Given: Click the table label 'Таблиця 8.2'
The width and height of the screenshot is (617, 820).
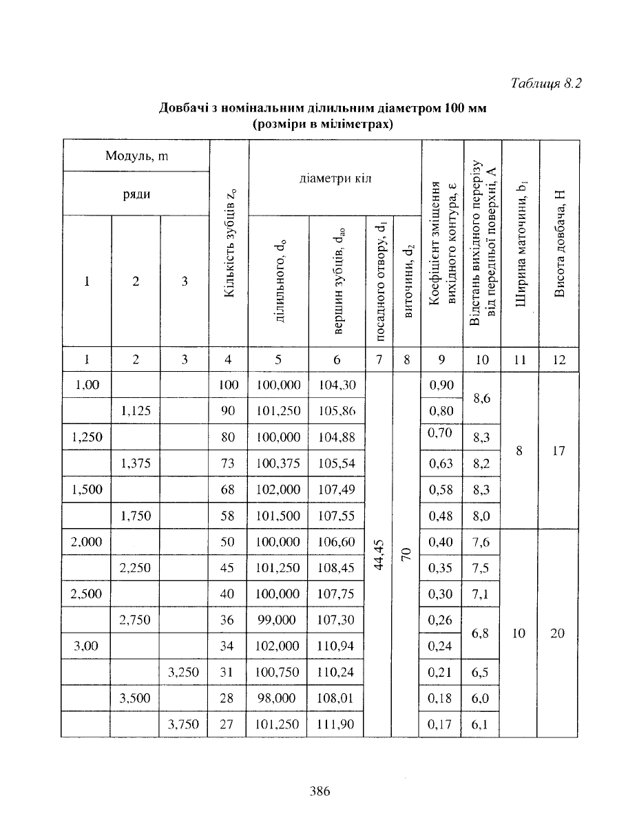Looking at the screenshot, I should pyautogui.click(x=547, y=84).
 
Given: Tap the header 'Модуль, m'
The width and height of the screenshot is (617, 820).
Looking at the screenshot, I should pyautogui.click(x=137, y=156).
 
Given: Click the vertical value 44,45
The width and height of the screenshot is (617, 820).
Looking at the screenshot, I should pyautogui.click(x=377, y=553).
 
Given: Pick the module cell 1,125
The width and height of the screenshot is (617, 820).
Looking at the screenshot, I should pyautogui.click(x=136, y=412).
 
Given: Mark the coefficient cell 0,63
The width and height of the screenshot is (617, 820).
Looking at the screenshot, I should pyautogui.click(x=441, y=463).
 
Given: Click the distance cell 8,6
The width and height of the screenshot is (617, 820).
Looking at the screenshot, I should pyautogui.click(x=481, y=399).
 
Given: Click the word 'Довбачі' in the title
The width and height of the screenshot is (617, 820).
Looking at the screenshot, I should pyautogui.click(x=184, y=108).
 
